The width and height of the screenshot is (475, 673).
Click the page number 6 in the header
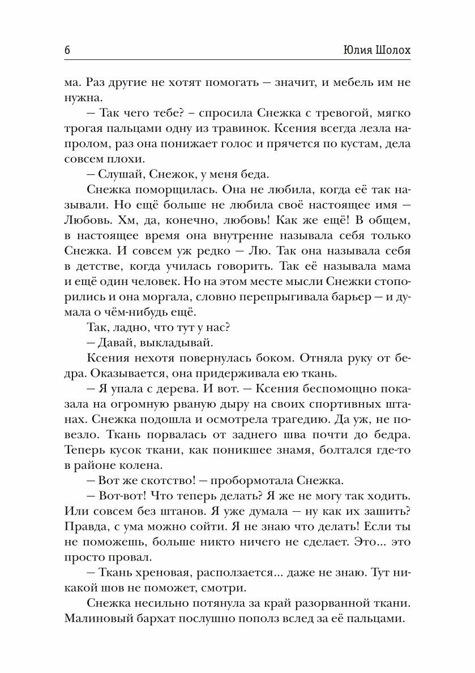67,50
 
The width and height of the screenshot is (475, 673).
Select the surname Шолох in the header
395,50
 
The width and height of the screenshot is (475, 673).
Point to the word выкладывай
164,341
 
